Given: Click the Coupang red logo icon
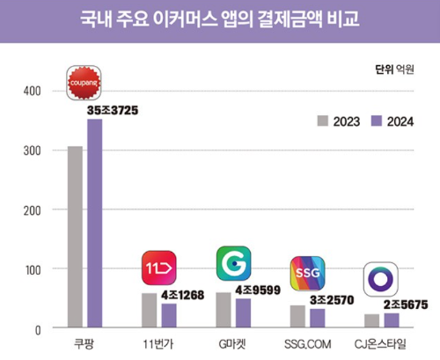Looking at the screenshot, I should [x=84, y=83].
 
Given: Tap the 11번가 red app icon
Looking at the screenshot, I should [x=159, y=268].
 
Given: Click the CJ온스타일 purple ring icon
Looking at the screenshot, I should [x=381, y=279].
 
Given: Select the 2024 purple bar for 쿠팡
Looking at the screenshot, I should [x=94, y=224].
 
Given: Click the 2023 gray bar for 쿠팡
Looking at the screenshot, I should [x=76, y=237].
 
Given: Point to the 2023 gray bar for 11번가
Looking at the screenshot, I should [x=150, y=310].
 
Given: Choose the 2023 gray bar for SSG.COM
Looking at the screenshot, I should [x=297, y=316].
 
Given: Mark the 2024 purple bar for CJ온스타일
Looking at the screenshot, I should [x=391, y=320].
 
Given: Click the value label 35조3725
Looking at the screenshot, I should [x=113, y=111].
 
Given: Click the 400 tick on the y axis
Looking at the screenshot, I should [x=32, y=91].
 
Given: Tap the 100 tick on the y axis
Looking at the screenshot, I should [x=32, y=268].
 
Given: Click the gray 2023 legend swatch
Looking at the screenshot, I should [x=322, y=121].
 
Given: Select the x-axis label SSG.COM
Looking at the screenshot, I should [x=307, y=343].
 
